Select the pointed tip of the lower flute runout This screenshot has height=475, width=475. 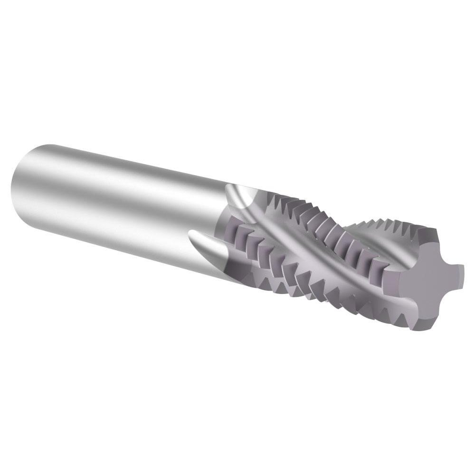coord(192,234)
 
